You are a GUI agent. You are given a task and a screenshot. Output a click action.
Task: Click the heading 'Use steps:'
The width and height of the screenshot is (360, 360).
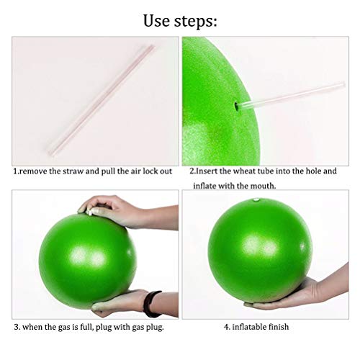pos(180,21)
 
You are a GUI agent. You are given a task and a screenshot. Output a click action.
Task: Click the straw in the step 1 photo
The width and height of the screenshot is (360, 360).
pos(101,100)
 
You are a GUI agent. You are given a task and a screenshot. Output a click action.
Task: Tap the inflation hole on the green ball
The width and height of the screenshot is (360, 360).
pos(236,106)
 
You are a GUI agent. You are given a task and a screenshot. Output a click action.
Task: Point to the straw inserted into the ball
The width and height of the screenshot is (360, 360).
pos(291,95)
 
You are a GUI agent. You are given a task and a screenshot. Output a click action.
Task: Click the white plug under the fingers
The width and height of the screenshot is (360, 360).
pos(89,212)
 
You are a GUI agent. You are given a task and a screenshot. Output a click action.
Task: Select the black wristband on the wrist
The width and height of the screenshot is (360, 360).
pos(150,303)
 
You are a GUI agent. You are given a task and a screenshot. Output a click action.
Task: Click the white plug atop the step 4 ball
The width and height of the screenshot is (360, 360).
pos(256,199)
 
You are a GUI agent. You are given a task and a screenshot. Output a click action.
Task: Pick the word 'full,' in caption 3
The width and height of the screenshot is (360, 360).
pos(86,327)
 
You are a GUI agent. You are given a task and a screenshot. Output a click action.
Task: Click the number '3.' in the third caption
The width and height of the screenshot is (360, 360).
pos(17,327)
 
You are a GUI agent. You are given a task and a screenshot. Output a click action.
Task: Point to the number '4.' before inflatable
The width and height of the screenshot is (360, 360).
pos(227,327)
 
